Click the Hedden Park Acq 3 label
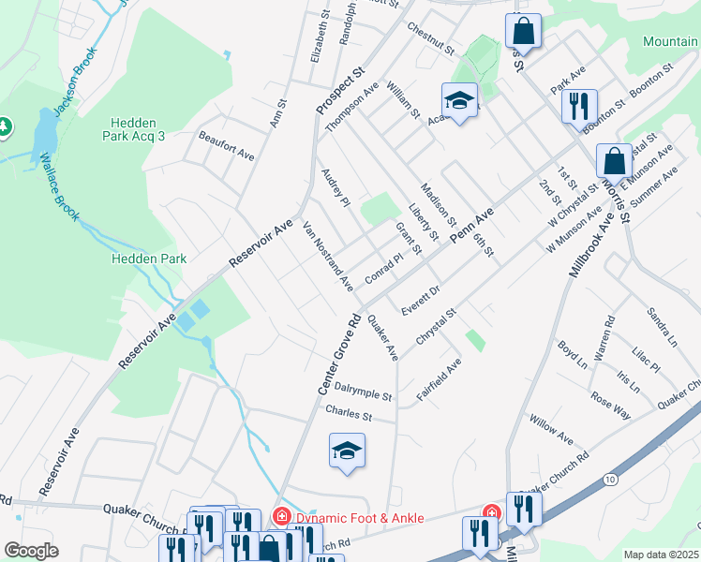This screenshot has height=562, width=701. (x=138, y=129)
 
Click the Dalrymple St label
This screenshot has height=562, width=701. (x=363, y=397)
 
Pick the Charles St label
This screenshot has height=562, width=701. (x=349, y=413)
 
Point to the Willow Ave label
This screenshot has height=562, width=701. (x=551, y=430)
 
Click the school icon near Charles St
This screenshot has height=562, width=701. (x=347, y=452)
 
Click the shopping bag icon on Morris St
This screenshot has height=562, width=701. (x=614, y=160)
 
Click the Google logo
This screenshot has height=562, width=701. (x=31, y=551)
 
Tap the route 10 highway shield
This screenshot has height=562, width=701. (x=611, y=480)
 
